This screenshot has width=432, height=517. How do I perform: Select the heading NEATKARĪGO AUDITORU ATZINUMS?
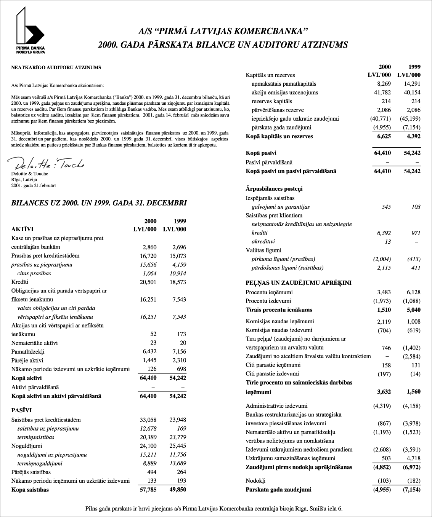[x=56, y=68]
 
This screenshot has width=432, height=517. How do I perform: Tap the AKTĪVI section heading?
[x=22, y=229]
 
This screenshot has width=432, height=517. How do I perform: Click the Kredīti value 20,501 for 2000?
[x=148, y=282]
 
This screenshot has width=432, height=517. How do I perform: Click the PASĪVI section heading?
[x=21, y=410]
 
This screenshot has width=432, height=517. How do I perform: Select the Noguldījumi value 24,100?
[x=148, y=446]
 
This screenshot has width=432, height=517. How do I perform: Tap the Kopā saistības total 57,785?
[x=148, y=490]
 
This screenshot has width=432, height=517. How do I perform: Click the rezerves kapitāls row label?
[x=272, y=101]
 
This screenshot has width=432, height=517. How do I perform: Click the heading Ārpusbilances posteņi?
[x=274, y=189]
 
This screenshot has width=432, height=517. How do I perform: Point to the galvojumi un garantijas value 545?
[x=386, y=207]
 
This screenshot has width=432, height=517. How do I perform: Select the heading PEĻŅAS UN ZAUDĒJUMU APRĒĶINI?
[x=299, y=283]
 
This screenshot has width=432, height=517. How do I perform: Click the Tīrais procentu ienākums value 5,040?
[x=413, y=310]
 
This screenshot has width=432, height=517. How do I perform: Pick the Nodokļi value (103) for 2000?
[x=384, y=481]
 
